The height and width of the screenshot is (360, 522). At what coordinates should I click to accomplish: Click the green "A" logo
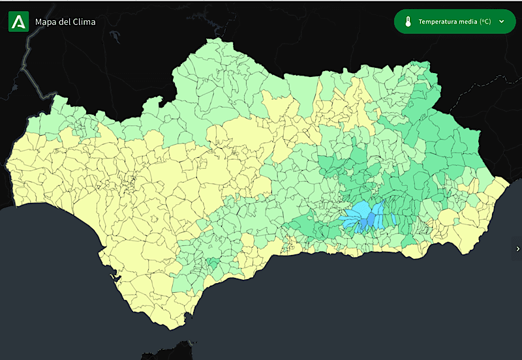click(x=18, y=22)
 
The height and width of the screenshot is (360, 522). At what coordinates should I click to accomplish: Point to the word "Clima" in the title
click(x=84, y=22)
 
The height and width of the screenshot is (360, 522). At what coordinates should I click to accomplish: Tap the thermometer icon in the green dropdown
click(x=407, y=22)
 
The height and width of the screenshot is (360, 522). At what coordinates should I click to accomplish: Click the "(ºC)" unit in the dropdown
click(x=485, y=22)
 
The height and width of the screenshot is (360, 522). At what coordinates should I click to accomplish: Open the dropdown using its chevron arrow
click(x=501, y=22)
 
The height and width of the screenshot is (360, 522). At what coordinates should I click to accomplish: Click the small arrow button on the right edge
click(x=517, y=248)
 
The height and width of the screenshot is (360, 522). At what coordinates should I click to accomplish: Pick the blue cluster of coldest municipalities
click(x=365, y=215)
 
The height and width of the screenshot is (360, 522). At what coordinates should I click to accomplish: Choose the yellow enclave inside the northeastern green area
click(x=346, y=104)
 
